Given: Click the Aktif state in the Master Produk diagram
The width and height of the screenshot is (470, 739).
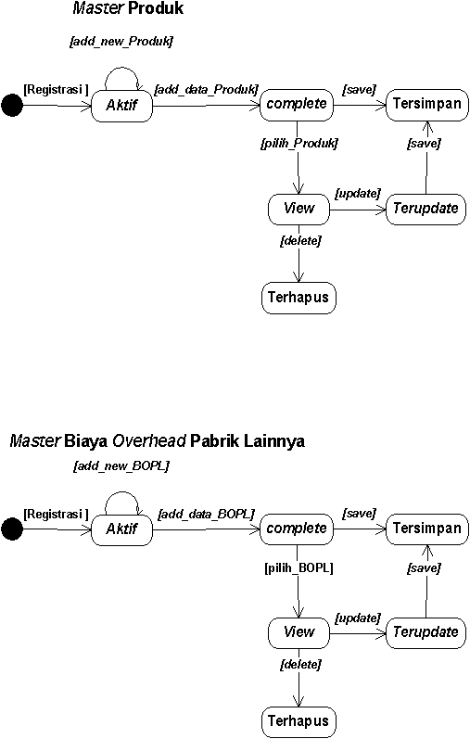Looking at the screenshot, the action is tap(121, 105).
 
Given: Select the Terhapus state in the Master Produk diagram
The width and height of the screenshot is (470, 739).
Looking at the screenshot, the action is tap(299, 298).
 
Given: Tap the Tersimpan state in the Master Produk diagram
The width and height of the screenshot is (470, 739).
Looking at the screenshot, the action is tap(427, 104).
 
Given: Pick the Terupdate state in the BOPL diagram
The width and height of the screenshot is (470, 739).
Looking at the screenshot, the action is tap(426, 632).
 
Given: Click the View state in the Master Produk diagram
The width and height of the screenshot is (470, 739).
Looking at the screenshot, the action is tap(299, 209).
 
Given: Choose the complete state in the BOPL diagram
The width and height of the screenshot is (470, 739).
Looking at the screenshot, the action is tap(297, 529).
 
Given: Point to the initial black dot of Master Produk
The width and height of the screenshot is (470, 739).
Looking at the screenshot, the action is tap(12, 105).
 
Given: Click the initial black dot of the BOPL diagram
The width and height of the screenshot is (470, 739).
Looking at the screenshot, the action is tap(12, 529).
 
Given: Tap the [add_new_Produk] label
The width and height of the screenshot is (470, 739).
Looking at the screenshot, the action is tap(121, 42).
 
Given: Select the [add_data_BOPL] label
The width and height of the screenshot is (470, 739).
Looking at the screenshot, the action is tap(207, 514).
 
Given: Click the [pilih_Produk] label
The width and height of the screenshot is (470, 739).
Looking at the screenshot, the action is tap(299, 144).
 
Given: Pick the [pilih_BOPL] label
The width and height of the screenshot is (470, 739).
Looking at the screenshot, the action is tap(299, 567).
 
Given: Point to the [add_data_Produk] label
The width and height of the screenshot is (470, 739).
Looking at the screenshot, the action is tap(207, 90).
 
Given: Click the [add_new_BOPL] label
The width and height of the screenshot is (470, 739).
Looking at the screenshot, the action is tap(121, 466).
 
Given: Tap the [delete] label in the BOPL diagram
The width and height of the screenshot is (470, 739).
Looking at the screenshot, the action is tap(300, 665).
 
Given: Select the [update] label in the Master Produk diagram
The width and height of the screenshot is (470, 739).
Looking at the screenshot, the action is tap(358, 194).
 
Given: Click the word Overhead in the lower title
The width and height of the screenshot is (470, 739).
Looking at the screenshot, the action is tap(149, 441).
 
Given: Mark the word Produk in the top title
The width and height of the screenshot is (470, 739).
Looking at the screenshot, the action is tap(156, 8).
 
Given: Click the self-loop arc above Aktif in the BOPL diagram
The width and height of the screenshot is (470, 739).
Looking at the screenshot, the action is tap(121, 492).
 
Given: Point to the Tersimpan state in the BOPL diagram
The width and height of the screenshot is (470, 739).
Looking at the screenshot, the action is tap(427, 529).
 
